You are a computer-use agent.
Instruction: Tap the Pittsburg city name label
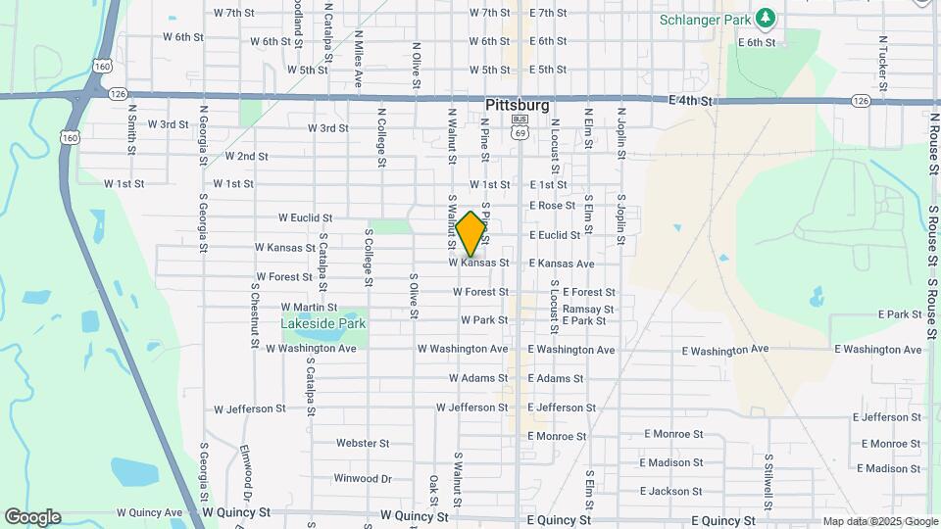tap(517, 104)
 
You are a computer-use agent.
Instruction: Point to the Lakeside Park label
tap(323, 323)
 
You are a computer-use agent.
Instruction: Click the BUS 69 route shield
tap(520, 125)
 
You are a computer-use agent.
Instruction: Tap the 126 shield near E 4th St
tap(861, 101)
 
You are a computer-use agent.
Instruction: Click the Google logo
tap(32, 517)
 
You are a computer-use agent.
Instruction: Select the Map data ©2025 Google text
tap(878, 522)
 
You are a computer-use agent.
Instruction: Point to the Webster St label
tap(363, 443)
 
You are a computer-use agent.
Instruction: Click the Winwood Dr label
tap(363, 479)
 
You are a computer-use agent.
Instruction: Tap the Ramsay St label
tap(588, 309)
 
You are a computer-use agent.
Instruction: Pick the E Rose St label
tap(553, 206)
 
